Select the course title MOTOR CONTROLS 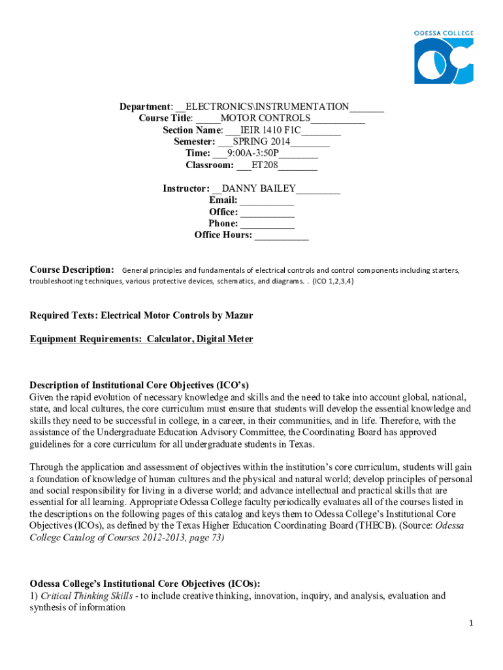click(x=265, y=118)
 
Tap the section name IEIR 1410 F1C click(x=268, y=130)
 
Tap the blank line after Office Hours click(x=281, y=236)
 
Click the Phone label click(x=223, y=224)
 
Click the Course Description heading click(x=73, y=270)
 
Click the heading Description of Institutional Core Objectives click(x=139, y=385)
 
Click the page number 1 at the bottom click(x=470, y=641)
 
